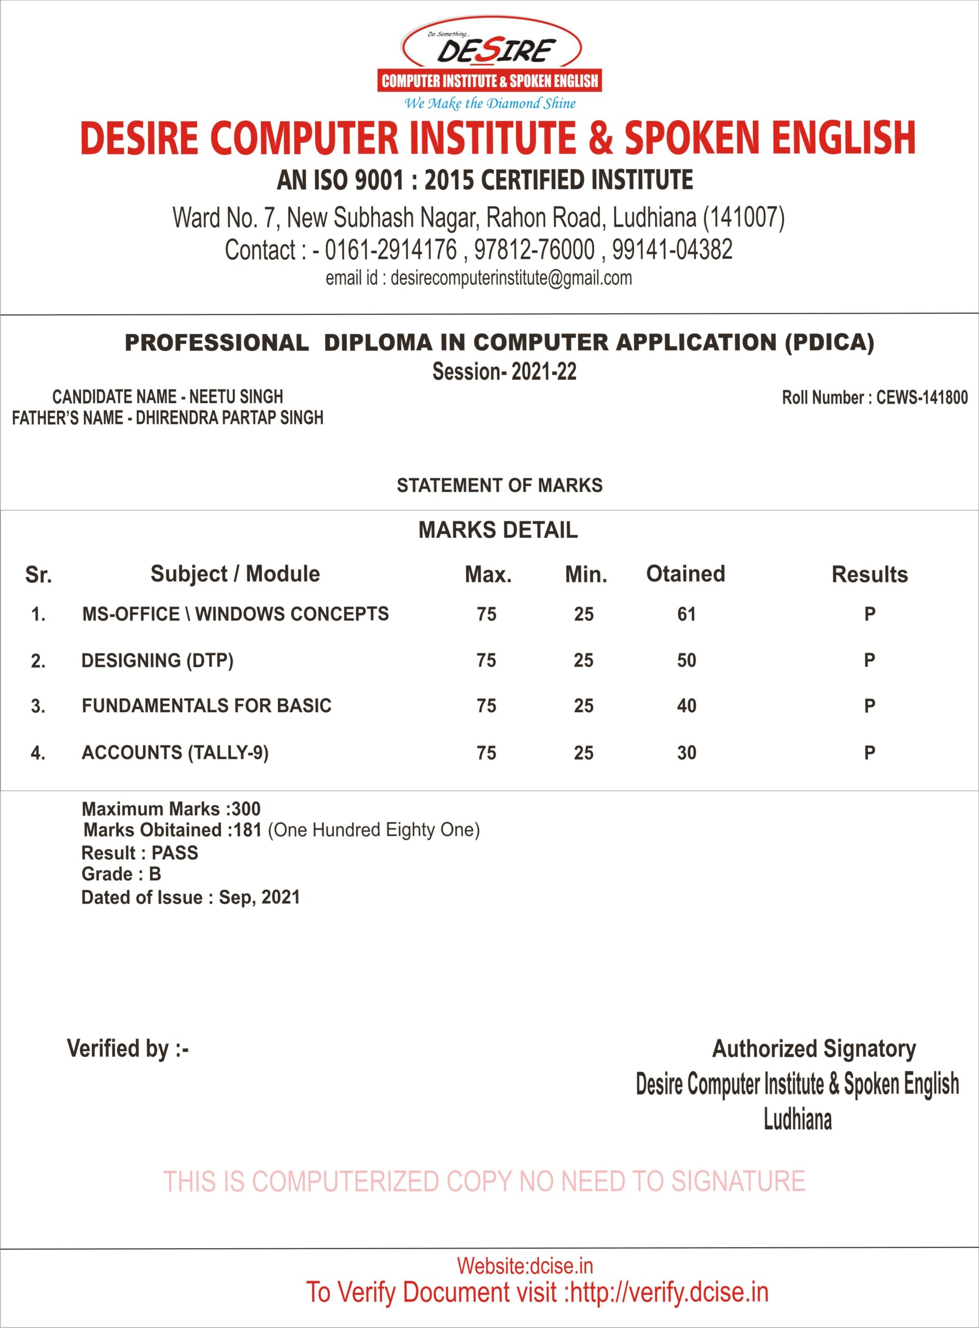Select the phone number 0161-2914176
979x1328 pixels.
390,250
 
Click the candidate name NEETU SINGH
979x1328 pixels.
236,397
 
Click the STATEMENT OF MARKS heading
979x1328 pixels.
499,486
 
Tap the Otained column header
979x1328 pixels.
685,574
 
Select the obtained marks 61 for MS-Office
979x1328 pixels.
686,614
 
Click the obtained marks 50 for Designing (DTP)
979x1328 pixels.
686,660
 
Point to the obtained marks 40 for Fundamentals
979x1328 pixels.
686,706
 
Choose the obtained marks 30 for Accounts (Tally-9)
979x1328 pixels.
686,753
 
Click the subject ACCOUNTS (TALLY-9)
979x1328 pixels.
175,752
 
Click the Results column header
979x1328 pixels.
870,574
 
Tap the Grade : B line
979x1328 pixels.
121,875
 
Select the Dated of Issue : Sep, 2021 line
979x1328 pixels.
190,897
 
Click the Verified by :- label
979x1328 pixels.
128,1049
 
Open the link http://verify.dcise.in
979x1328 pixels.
668,1292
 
